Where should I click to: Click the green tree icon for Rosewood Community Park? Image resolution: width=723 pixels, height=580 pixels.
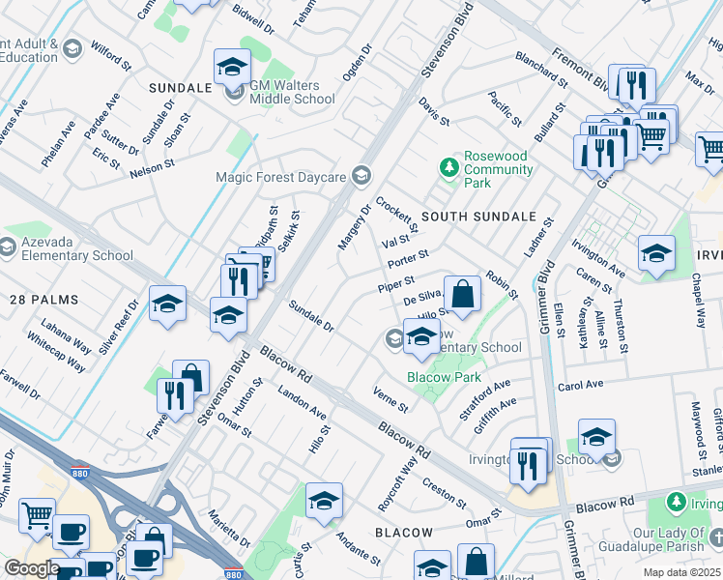click(448, 168)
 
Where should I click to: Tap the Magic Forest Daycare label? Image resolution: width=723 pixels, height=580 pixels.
click(281, 176)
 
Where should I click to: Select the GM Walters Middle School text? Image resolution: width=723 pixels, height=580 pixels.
click(292, 92)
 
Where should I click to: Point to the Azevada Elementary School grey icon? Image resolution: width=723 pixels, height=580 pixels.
click(7, 248)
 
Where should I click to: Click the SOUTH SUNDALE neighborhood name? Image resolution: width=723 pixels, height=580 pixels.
click(478, 217)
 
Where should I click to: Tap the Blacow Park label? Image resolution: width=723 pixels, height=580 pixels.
click(444, 377)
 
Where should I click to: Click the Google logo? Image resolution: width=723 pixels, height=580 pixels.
click(31, 568)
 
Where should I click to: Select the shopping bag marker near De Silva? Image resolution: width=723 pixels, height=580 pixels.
click(464, 294)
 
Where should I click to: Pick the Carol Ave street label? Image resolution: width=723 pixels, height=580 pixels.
click(580, 384)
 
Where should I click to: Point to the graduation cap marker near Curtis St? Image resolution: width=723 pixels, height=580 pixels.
click(324, 500)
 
